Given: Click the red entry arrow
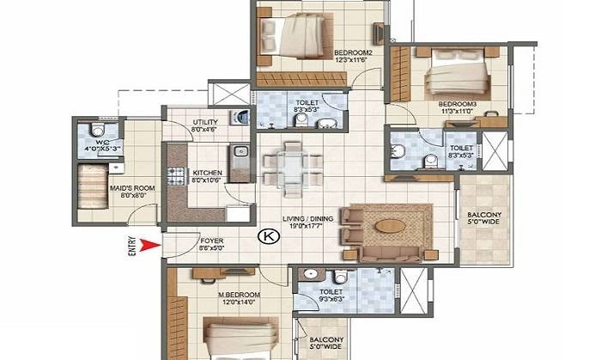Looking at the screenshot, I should [x=151, y=247].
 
